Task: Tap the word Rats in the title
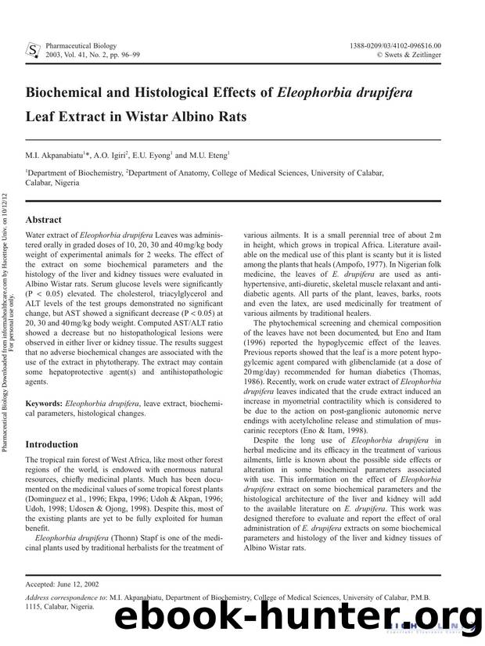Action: tap(228, 117)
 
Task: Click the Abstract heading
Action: tap(43, 220)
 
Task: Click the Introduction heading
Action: tap(52, 444)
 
